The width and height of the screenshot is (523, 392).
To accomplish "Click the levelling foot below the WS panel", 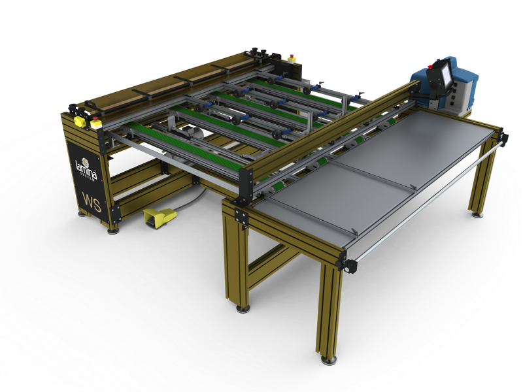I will click(112, 229).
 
